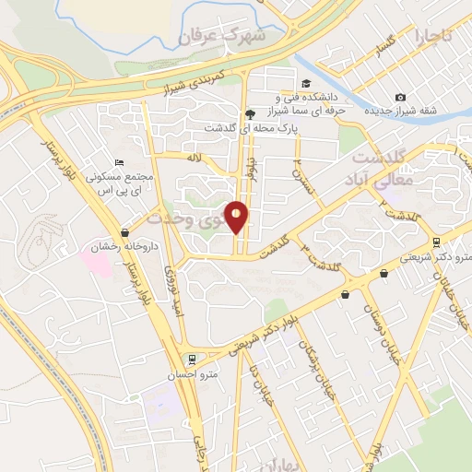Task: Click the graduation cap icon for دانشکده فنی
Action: click(x=305, y=81)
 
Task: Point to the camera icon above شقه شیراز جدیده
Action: click(x=400, y=98)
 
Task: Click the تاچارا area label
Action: click(x=433, y=37)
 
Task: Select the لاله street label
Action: click(x=193, y=158)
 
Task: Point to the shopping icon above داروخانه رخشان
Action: click(x=125, y=232)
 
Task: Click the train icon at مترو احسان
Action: click(x=191, y=360)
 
